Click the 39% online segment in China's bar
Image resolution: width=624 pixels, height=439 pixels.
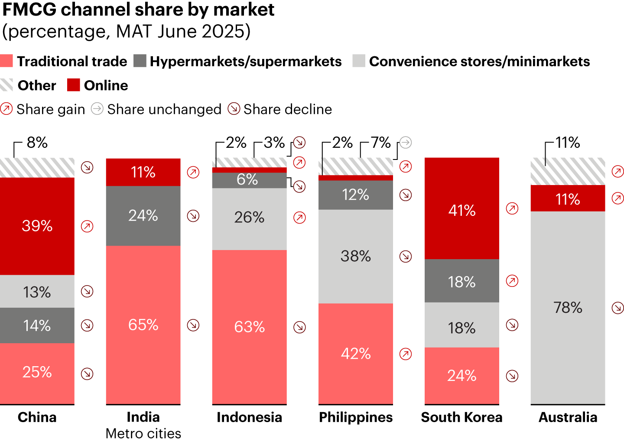(37, 226)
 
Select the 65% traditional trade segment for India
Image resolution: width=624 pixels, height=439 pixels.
(143, 325)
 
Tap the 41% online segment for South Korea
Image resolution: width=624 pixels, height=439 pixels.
(461, 210)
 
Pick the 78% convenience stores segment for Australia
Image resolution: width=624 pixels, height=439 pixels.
(568, 307)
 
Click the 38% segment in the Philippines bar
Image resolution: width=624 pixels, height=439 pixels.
(355, 256)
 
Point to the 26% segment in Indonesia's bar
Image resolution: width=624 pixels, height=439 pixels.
(249, 217)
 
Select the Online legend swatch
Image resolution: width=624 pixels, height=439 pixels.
(74, 85)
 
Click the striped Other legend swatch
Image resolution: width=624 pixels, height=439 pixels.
(6, 85)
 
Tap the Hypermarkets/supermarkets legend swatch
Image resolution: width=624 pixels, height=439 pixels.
(140, 61)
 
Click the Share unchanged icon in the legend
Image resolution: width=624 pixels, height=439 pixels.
(97, 109)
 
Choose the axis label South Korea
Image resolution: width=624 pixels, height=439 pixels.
(461, 417)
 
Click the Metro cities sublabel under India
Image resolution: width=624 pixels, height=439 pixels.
(143, 433)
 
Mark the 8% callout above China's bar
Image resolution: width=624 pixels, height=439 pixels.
(37, 143)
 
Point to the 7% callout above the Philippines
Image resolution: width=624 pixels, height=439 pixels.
(381, 143)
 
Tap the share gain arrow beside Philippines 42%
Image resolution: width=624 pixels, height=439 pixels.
(406, 354)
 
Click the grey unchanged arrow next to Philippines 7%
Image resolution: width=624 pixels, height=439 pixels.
(406, 142)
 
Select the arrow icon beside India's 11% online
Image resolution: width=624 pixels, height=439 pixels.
(193, 172)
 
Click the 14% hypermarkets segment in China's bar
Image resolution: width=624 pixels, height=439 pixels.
(37, 325)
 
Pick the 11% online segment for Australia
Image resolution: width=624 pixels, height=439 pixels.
(568, 199)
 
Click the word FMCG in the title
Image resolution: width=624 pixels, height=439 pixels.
(29, 10)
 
